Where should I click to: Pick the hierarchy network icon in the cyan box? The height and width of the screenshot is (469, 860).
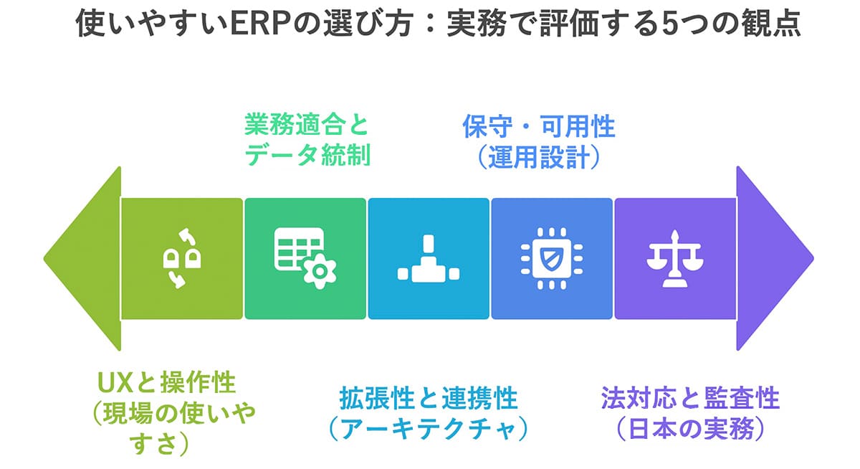click(x=429, y=259)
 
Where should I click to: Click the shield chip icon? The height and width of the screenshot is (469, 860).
click(x=552, y=258)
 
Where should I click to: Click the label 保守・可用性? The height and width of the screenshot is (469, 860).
click(x=538, y=127)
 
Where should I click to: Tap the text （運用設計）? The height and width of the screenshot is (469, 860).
click(x=538, y=156)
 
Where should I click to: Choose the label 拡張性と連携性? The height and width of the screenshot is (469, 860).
click(x=429, y=397)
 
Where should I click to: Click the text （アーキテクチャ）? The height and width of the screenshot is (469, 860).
click(x=429, y=428)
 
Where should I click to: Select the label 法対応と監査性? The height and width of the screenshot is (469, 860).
click(x=690, y=397)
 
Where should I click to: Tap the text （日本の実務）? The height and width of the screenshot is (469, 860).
click(x=690, y=428)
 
